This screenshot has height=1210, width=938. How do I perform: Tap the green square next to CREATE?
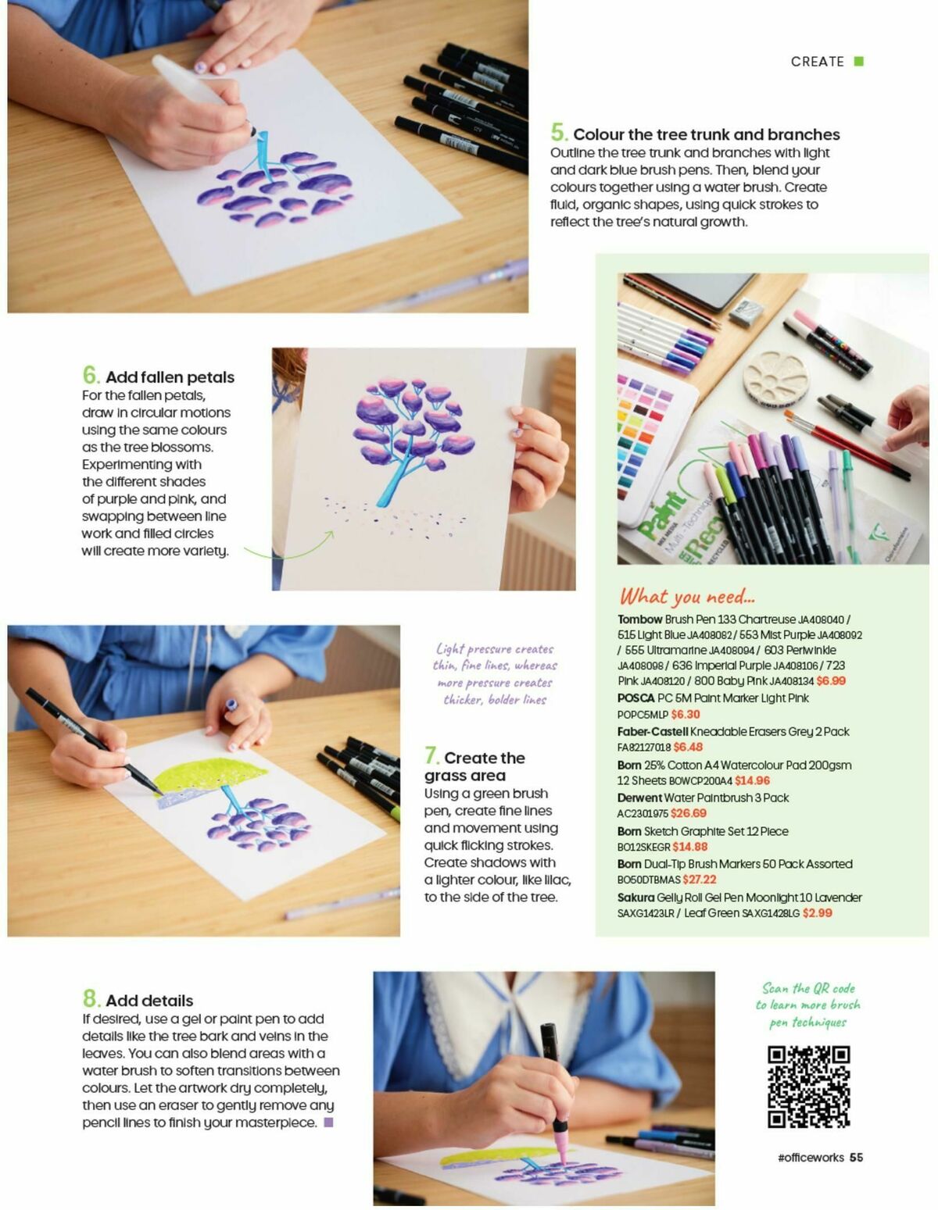858,62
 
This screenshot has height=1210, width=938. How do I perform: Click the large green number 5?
558,132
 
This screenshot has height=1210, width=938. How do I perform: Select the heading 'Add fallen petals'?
170,377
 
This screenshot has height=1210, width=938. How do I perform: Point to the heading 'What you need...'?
687,597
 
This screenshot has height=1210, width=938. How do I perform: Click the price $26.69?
688,813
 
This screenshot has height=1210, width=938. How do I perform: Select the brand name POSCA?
635,698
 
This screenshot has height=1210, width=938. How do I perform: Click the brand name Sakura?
635,898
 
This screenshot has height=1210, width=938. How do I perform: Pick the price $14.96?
752,780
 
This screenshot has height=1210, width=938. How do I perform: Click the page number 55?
856,1158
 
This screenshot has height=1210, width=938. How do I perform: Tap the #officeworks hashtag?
811,1158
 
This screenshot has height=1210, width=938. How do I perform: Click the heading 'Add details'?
149,1001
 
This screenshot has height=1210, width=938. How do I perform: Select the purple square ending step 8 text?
328,1123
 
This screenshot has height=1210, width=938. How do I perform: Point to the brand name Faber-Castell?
653,732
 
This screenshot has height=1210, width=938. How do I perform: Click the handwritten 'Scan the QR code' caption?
807,1005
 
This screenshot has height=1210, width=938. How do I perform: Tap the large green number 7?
431,755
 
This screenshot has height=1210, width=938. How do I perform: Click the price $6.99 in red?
831,681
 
